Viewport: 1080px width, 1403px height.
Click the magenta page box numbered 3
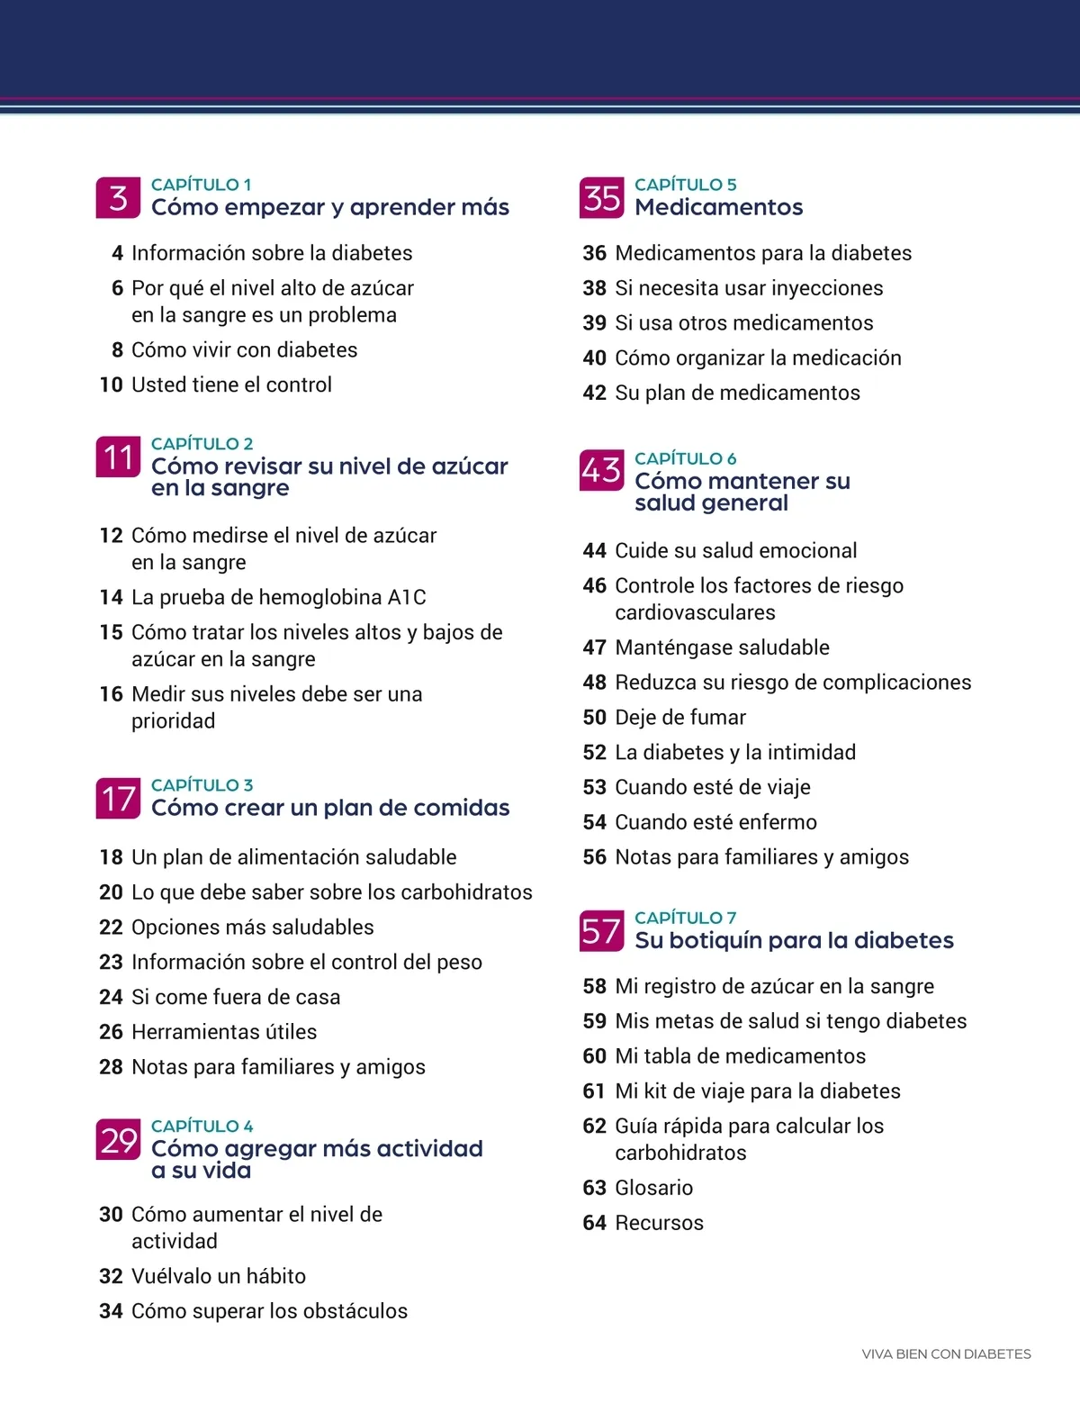(x=118, y=198)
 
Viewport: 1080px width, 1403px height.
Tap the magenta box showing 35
(x=601, y=198)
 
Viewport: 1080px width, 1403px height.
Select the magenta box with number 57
(x=601, y=931)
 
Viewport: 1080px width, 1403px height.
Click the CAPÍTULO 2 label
(x=202, y=444)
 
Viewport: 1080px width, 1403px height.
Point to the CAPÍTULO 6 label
(x=685, y=459)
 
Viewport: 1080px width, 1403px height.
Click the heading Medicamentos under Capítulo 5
(x=718, y=207)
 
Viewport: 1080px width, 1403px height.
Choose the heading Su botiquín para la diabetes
(x=794, y=940)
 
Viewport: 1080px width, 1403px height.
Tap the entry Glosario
(x=653, y=1188)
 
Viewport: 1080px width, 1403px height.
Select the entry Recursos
(x=659, y=1223)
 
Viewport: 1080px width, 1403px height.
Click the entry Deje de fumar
(x=679, y=718)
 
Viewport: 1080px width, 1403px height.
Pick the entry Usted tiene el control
(x=231, y=385)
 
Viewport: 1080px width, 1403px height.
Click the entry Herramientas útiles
(x=224, y=1032)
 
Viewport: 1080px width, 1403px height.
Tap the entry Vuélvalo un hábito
(x=219, y=1276)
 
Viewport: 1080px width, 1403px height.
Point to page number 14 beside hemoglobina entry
(x=111, y=598)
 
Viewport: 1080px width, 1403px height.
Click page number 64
(x=594, y=1223)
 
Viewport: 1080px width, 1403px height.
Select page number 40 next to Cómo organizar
(x=594, y=358)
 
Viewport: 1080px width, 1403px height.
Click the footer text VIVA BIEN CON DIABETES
(x=946, y=1354)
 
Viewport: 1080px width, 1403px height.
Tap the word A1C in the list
(x=407, y=598)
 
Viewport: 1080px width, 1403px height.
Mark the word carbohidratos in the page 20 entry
(x=466, y=892)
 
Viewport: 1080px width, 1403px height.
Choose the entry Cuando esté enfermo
(x=715, y=822)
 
